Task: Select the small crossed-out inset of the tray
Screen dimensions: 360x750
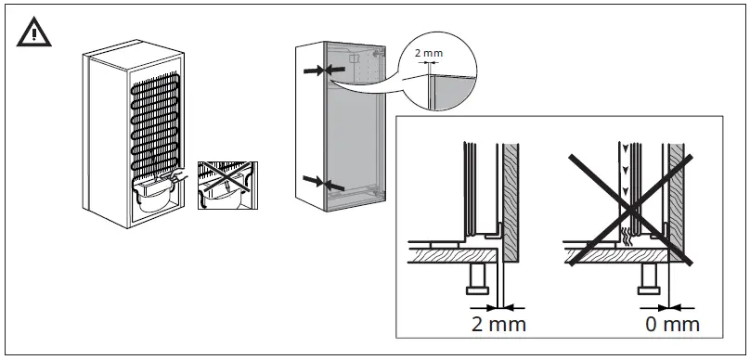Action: click(226, 186)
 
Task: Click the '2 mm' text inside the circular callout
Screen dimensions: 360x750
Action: click(428, 54)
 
